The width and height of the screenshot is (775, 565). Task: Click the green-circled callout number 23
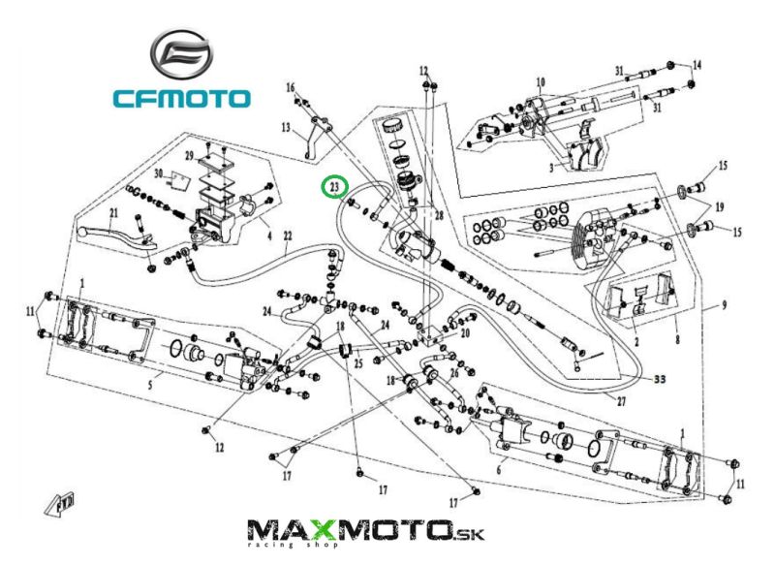point(335,185)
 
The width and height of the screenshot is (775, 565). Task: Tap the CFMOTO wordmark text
point(181,98)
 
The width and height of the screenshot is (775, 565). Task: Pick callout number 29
point(190,157)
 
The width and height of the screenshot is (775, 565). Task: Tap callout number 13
point(287,127)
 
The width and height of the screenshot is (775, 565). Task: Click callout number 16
point(290,88)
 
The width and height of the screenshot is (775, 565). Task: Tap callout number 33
point(660,378)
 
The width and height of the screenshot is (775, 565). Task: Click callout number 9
point(722,306)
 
